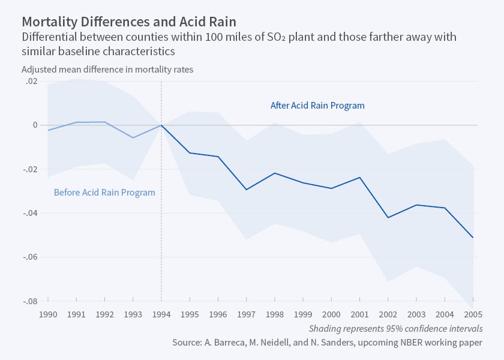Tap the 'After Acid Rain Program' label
point(317,106)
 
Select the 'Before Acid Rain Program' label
point(104,193)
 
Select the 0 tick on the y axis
point(35,125)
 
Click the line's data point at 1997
point(247,190)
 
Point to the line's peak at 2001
point(360,178)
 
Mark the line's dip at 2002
point(388,217)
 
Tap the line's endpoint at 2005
point(473,238)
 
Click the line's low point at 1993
point(133,137)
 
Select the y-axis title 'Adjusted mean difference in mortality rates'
point(107,69)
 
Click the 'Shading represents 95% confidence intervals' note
point(395,328)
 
